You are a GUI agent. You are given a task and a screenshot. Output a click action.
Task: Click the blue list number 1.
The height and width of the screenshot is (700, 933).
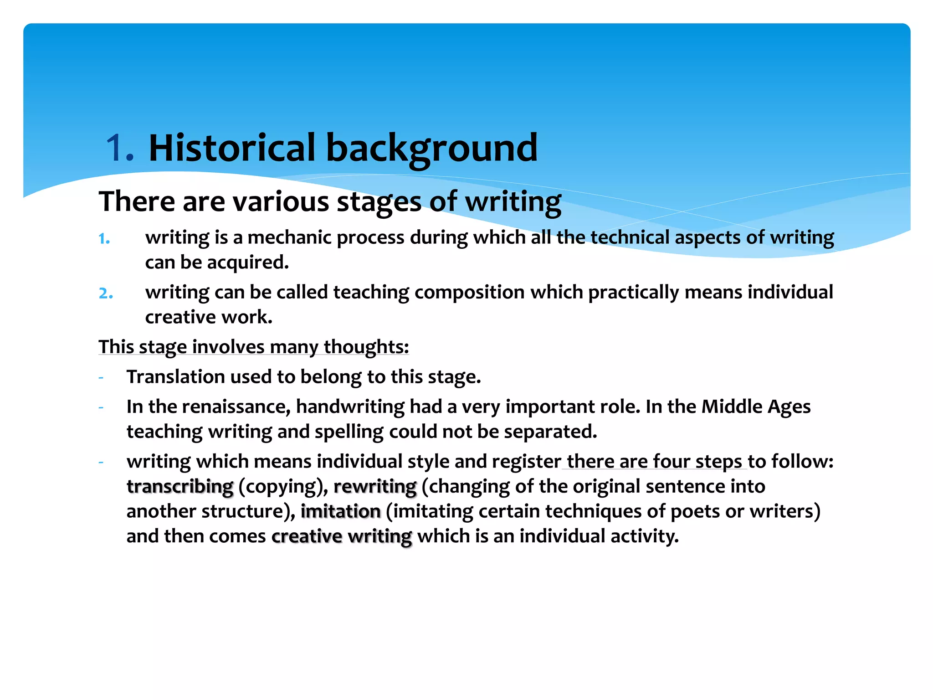pos(104,239)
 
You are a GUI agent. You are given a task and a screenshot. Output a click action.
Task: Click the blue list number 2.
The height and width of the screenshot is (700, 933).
pos(106,293)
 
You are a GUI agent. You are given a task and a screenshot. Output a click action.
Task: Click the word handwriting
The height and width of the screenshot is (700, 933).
pos(350,407)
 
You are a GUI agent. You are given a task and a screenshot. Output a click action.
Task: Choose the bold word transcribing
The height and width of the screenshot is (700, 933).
pos(180,487)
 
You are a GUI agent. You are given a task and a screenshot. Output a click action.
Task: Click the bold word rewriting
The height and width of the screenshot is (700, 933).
pos(375,487)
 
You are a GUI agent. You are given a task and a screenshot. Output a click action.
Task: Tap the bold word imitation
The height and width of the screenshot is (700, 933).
pos(340,511)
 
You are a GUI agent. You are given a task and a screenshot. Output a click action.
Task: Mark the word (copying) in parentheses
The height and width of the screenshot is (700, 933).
pos(283,487)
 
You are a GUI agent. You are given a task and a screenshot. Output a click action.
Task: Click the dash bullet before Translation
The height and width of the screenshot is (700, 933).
pos(101,377)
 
